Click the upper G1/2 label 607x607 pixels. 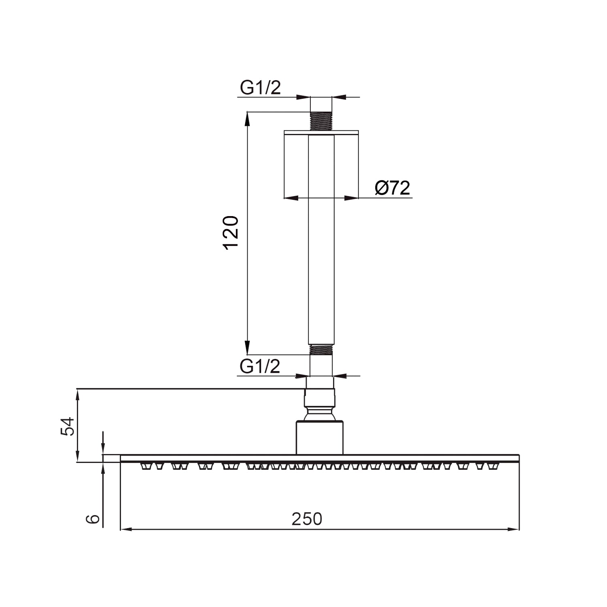point(260,88)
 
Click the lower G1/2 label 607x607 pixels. point(260,367)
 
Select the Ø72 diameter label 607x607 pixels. point(392,188)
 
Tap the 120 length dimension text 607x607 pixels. point(231,233)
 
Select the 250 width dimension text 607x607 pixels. point(307,519)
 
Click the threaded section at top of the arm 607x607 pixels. point(321,121)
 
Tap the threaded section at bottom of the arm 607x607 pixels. point(321,350)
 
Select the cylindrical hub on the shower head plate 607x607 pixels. point(320,438)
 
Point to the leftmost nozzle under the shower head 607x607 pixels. point(145,467)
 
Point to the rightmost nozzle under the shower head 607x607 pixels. point(492,467)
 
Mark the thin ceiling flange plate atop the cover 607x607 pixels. point(321,132)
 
